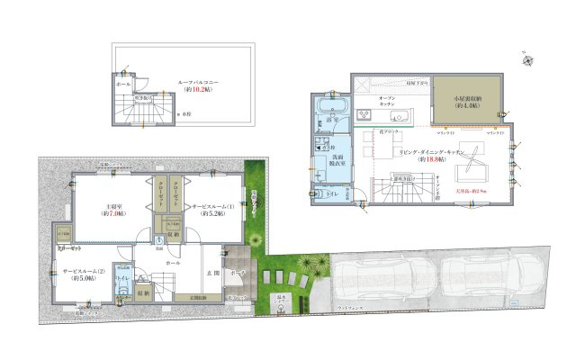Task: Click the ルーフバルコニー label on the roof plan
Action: pyautogui.click(x=200, y=82)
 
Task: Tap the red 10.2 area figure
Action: pyautogui.click(x=199, y=90)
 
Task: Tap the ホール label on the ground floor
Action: pyautogui.click(x=173, y=262)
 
